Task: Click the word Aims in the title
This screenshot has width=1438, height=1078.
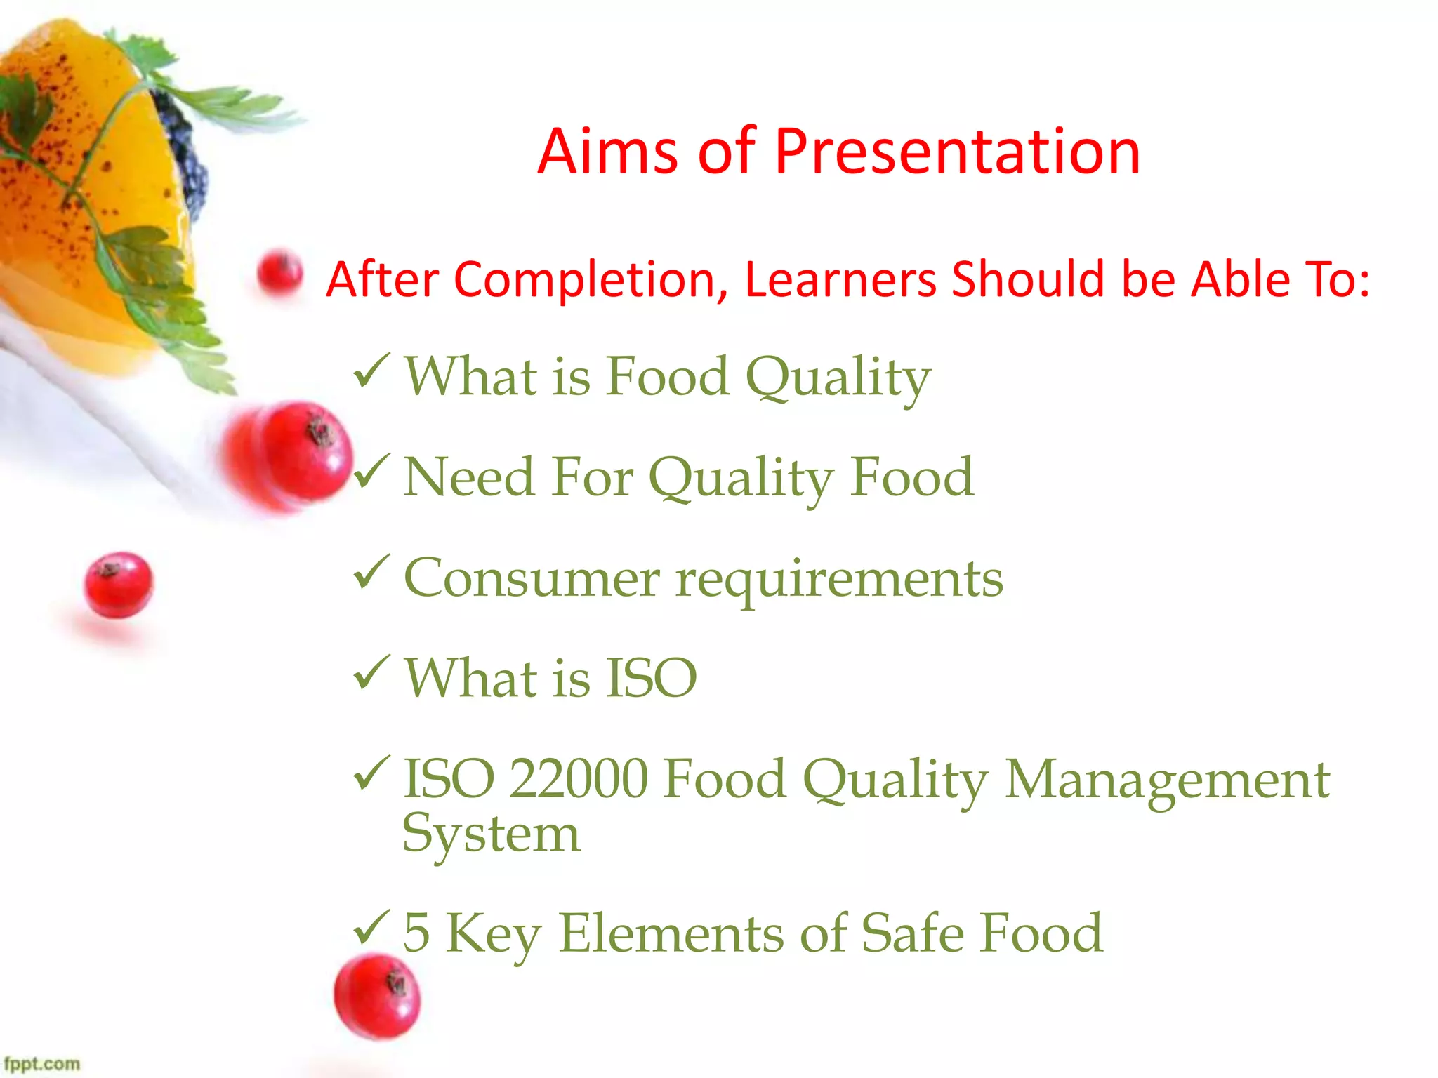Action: (x=608, y=152)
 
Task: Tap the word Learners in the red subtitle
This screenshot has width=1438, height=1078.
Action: (x=840, y=280)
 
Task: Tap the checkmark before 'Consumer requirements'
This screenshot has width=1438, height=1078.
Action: (x=371, y=571)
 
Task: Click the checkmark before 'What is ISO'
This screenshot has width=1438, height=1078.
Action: (x=371, y=672)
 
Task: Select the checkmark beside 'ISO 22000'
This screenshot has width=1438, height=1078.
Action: (x=371, y=773)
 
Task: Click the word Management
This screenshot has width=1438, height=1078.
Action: (x=1167, y=780)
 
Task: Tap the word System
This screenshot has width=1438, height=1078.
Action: (x=492, y=835)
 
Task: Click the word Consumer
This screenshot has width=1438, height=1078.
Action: (x=532, y=579)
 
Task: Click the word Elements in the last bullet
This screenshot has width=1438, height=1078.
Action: (x=671, y=933)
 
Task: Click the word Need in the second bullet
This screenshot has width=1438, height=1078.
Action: (x=469, y=478)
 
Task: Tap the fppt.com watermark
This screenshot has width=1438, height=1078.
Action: (x=42, y=1063)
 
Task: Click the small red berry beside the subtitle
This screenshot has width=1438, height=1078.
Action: (x=279, y=272)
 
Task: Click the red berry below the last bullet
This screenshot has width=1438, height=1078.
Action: (x=377, y=997)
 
